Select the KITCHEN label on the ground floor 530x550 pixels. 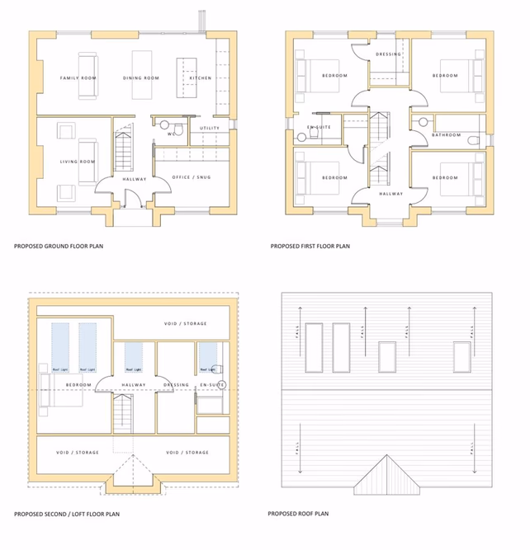point(200,78)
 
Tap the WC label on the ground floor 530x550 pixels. point(171,133)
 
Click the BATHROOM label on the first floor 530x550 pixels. point(446,134)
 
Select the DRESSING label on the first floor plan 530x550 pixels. point(388,54)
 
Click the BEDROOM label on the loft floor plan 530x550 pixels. point(78,384)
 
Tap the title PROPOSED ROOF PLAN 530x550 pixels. point(298,514)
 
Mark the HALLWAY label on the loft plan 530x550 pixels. point(134,384)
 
